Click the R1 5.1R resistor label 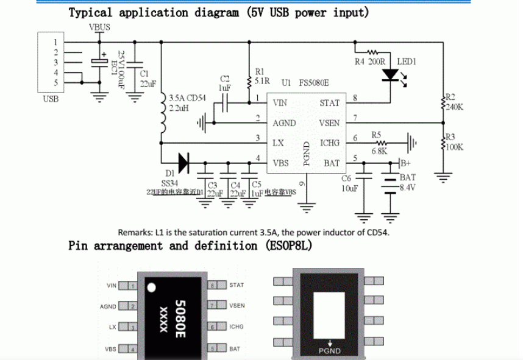[x=260, y=76]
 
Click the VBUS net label [x=99, y=27]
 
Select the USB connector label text [x=51, y=99]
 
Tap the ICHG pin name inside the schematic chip [x=330, y=143]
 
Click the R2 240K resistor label [x=454, y=102]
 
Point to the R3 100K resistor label [x=454, y=142]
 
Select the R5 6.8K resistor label [x=378, y=143]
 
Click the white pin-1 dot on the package [x=152, y=286]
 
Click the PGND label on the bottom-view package [x=330, y=351]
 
